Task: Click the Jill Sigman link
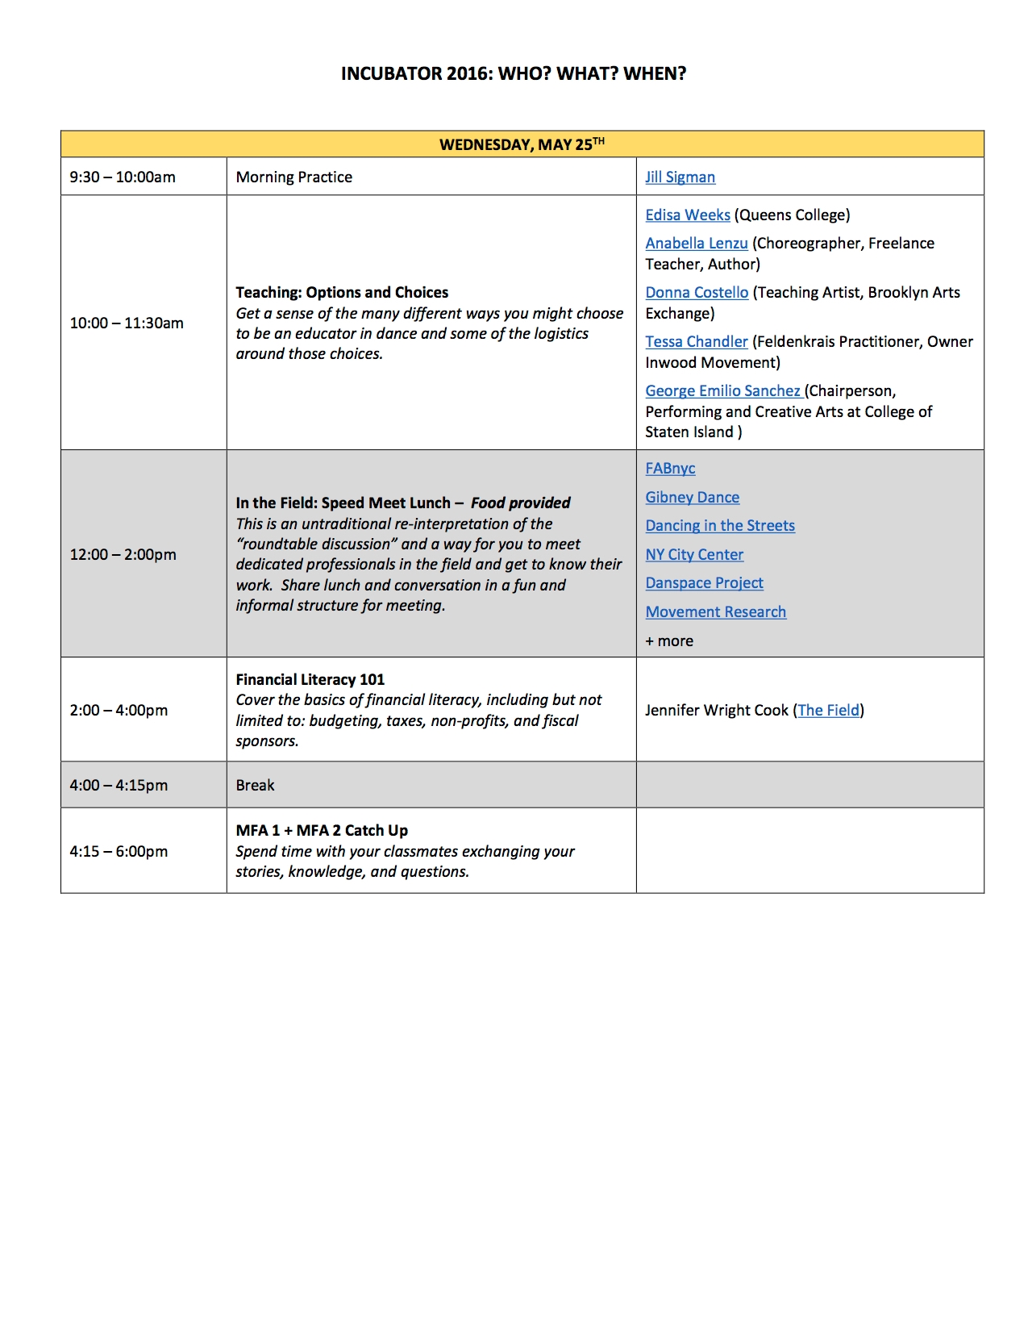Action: pos(680,177)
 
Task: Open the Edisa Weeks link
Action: pos(687,215)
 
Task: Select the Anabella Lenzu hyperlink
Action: pos(696,244)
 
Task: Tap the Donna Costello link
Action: pos(697,293)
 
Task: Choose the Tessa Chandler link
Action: pos(696,342)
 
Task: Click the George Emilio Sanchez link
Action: pos(722,391)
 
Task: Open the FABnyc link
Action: pos(670,469)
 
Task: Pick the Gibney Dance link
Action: pos(692,498)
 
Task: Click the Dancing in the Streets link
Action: pos(720,526)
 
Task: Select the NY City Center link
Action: pos(694,555)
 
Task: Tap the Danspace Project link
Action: pos(704,583)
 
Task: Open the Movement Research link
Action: pos(715,612)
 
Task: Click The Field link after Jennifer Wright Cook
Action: pos(828,711)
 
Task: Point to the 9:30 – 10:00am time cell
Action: pos(123,177)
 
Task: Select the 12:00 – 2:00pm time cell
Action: pos(123,555)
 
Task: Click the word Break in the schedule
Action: pos(255,786)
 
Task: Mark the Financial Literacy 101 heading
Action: pos(310,680)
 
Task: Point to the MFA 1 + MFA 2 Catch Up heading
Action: pos(322,831)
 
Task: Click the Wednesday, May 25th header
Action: pos(522,144)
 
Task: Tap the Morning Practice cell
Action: pos(293,177)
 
